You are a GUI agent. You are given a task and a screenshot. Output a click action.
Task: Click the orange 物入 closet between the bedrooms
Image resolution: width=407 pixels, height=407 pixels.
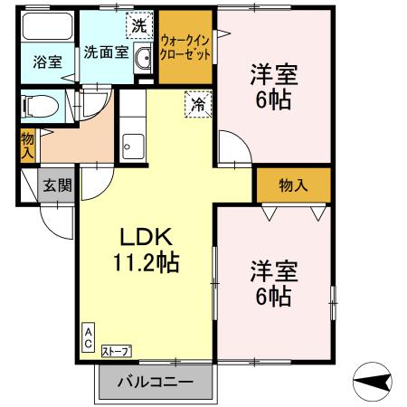point(292,185)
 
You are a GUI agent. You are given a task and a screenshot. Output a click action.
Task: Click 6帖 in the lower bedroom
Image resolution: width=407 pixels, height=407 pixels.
point(272,295)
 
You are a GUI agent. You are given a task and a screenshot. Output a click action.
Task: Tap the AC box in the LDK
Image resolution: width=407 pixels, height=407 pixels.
point(89,337)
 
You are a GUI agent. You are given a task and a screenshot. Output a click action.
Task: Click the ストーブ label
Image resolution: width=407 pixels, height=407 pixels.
point(115,351)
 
